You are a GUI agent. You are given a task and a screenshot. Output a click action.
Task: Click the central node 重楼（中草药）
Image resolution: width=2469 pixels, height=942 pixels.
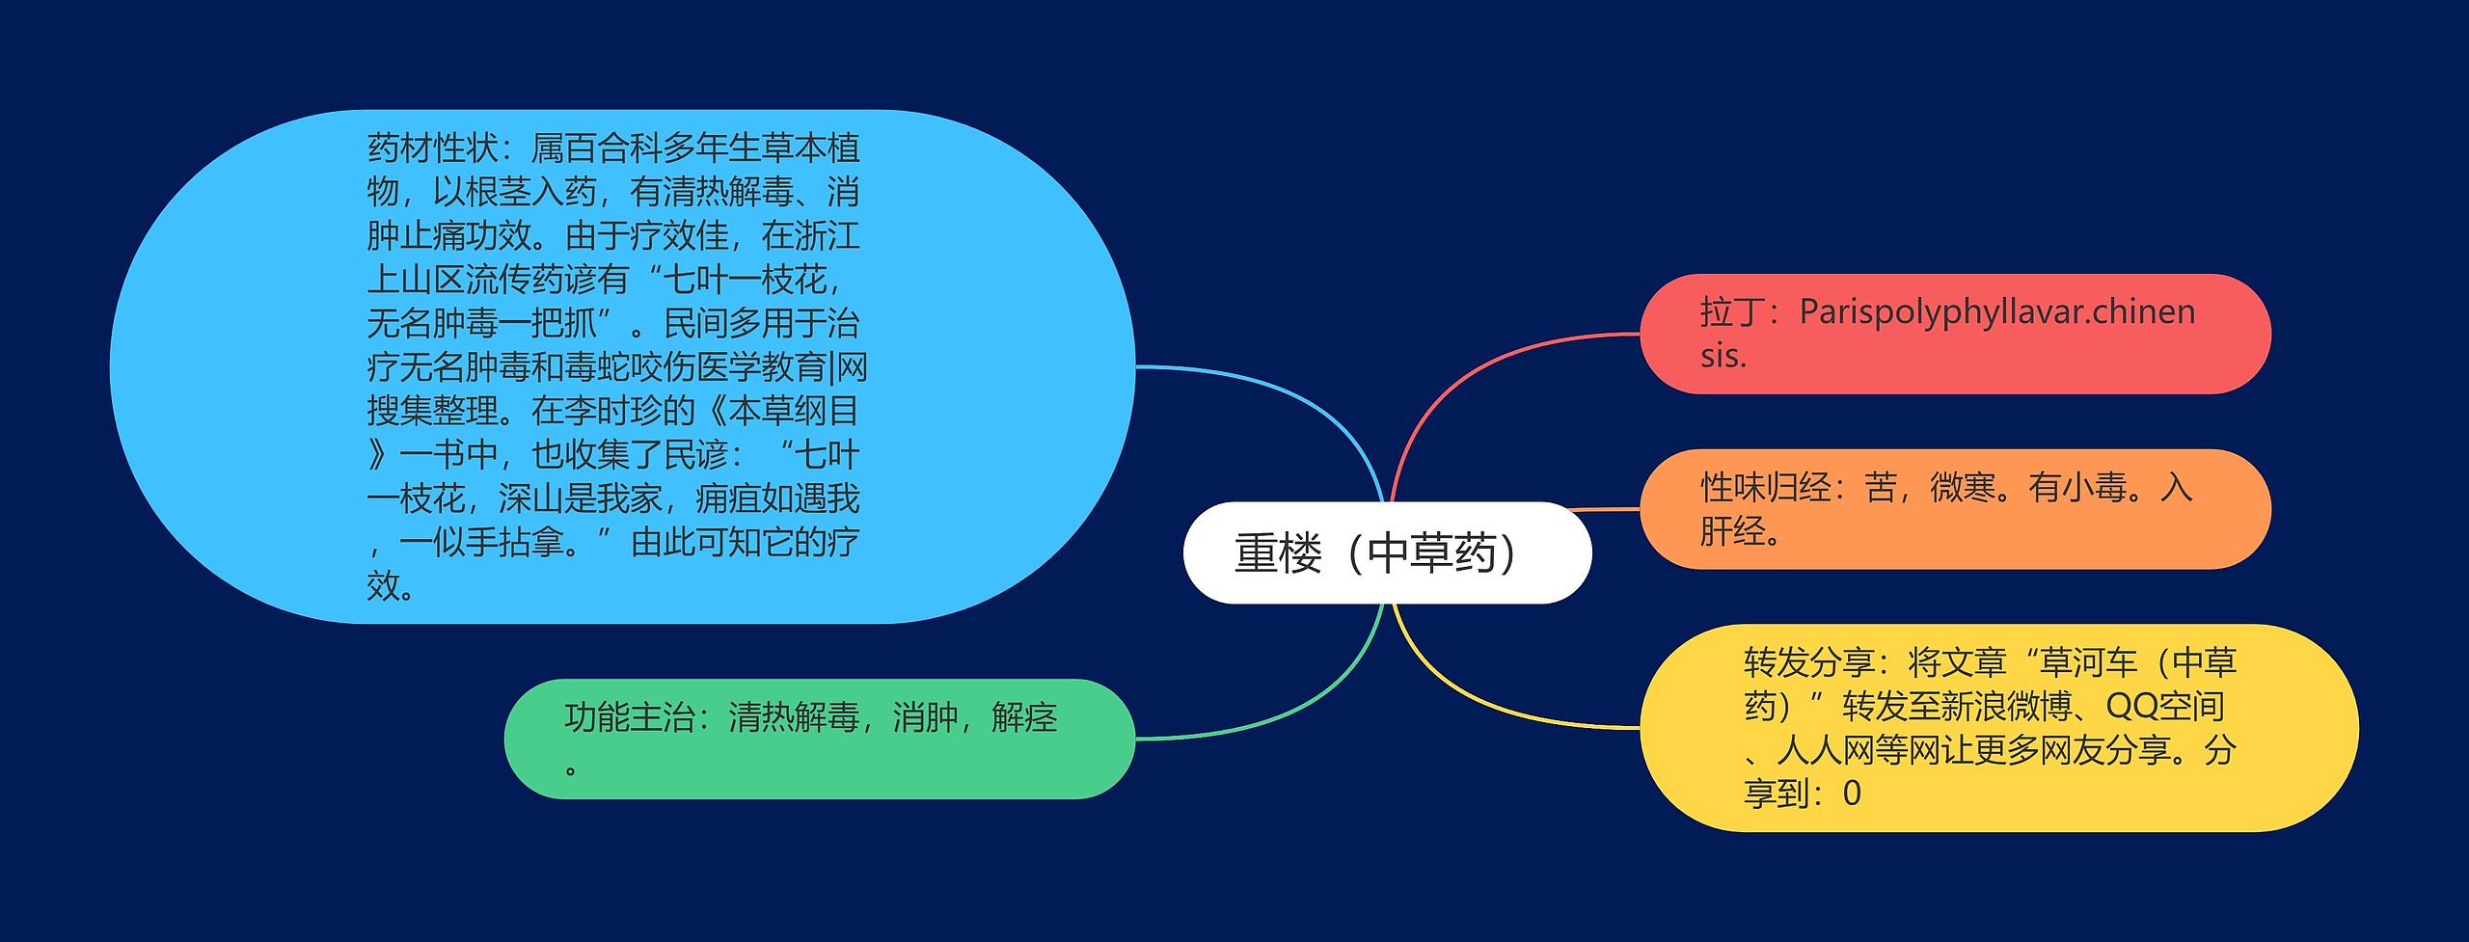click(1386, 552)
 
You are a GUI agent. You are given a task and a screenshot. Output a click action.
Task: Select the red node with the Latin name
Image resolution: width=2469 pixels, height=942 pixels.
click(1955, 334)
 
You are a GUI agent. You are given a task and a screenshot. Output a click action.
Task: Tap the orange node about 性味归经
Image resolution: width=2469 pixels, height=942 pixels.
click(1955, 509)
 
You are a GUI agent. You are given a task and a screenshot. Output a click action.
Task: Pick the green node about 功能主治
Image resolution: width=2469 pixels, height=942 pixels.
click(819, 739)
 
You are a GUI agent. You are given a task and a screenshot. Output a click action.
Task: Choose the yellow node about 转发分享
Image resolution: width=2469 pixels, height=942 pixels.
click(1998, 728)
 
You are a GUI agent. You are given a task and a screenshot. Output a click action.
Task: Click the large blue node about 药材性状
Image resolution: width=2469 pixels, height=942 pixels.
click(622, 366)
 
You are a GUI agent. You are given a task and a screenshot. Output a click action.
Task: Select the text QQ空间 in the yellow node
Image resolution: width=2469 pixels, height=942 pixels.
click(2164, 707)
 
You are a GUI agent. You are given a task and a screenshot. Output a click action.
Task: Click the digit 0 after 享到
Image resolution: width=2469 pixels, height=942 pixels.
click(1852, 794)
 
